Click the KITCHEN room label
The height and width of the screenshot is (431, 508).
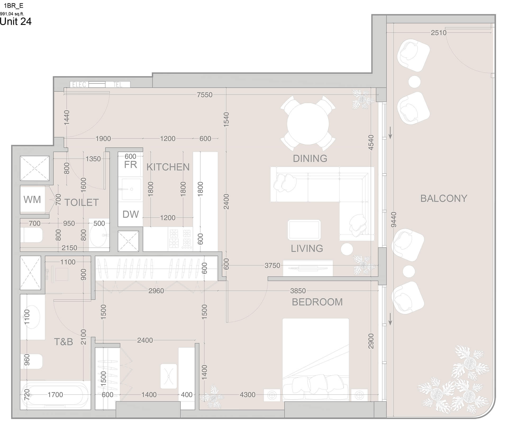[x=168, y=167]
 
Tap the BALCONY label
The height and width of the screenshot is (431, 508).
[x=444, y=198]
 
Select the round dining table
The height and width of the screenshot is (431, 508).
[x=308, y=124]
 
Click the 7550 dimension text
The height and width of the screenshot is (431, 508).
[x=205, y=95]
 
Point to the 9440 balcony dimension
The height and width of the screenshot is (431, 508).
[x=394, y=219]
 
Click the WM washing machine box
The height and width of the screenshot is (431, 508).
[x=32, y=199]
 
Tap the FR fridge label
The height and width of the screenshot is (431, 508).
[x=130, y=165]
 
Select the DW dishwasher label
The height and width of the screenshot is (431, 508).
[x=130, y=214]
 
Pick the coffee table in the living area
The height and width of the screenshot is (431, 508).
[x=304, y=230]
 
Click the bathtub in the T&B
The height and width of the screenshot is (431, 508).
[x=56, y=395]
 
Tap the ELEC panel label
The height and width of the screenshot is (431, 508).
[x=79, y=85]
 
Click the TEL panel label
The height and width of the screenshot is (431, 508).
[x=118, y=85]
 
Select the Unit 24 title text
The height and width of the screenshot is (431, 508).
[x=16, y=21]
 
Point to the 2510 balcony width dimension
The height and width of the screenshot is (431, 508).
[x=438, y=33]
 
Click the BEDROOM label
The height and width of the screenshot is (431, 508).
[x=317, y=302]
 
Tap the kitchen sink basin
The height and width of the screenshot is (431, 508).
[x=131, y=189]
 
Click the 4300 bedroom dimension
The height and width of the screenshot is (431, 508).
[x=247, y=395]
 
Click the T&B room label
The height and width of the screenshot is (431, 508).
[x=63, y=342]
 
